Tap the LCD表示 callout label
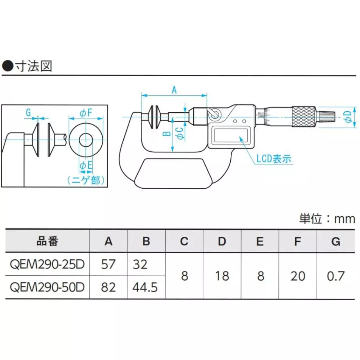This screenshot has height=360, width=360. [x=273, y=158]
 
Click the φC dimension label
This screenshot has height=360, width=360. [x=181, y=133]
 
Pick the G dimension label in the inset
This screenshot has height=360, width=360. [x=28, y=112]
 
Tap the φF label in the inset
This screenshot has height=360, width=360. [x=85, y=112]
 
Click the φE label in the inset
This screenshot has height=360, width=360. [x=85, y=165]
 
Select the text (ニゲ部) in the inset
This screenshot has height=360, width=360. [x=85, y=180]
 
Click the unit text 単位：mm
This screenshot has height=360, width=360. [x=327, y=219]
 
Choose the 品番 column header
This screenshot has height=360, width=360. [x=48, y=242]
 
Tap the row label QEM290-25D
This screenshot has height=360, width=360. [x=48, y=264]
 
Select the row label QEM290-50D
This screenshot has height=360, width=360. [x=48, y=287]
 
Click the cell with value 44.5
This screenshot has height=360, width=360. [x=146, y=287]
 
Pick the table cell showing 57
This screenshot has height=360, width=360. [x=108, y=264]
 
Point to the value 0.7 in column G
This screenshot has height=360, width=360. [x=335, y=276]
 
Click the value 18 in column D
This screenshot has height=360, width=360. [x=222, y=276]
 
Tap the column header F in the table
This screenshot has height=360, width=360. [x=298, y=242]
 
